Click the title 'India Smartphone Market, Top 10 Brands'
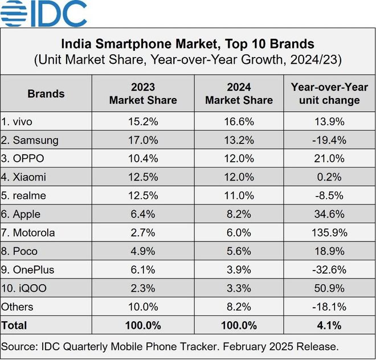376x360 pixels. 187,43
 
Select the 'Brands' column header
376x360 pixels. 46,93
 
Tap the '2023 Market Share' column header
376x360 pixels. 142,93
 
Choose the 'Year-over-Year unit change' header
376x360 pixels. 329,93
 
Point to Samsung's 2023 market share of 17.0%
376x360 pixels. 142,140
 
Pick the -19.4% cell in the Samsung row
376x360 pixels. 329,140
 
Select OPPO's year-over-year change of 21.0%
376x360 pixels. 329,158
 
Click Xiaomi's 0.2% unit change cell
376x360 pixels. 329,177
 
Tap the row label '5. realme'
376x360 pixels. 24,195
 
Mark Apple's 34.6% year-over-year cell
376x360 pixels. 329,214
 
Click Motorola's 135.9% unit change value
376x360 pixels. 329,232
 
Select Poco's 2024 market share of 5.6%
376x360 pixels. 239,251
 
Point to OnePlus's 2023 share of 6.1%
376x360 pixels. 142,269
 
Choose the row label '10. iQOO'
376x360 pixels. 24,288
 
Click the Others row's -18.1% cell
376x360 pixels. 329,306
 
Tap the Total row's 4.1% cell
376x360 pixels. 329,325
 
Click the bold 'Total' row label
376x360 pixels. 14,325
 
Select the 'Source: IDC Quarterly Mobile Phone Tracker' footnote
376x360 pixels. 170,346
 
